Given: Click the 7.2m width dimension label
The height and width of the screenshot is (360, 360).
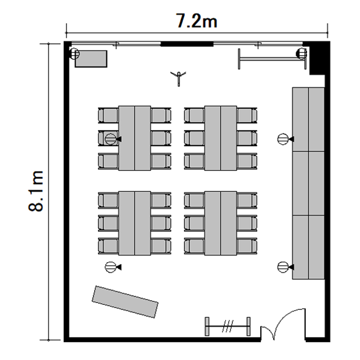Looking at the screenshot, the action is [196, 21].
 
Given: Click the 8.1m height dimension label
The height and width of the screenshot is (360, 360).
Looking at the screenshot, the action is [36, 191].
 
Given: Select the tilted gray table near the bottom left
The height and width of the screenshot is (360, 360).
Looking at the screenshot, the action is [125, 302].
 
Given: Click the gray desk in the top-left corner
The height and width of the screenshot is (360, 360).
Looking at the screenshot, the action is [91, 59].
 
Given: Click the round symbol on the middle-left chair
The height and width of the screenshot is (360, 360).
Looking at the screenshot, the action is [110, 139].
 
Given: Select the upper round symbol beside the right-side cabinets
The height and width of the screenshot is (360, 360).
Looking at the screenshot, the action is [283, 139].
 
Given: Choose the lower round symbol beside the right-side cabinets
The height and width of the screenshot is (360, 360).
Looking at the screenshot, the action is [283, 267].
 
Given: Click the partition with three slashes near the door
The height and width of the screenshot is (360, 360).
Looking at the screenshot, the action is [228, 326].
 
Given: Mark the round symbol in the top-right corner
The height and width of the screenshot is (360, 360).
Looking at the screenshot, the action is [301, 53].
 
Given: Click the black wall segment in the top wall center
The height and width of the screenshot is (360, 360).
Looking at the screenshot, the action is [187, 44].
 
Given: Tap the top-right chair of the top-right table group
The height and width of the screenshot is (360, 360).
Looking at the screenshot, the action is [247, 115].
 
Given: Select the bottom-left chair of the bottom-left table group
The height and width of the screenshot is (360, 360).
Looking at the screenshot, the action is [108, 246].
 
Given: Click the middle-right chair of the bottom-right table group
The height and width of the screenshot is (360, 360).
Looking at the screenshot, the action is [247, 223].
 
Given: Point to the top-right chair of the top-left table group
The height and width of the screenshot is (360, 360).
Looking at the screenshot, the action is [161, 115].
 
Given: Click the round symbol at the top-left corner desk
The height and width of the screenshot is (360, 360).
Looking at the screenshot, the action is [74, 54].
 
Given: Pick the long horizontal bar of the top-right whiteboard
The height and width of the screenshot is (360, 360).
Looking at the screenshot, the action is [272, 59].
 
